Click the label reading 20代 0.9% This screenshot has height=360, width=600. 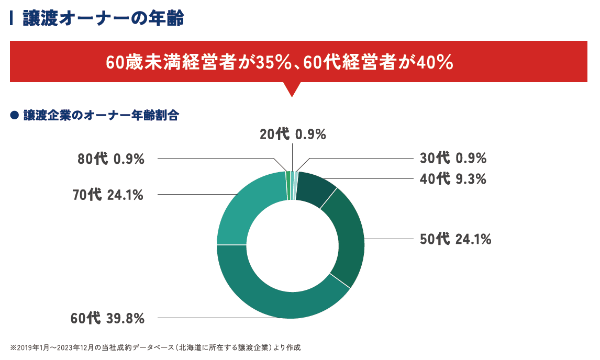click(293, 134)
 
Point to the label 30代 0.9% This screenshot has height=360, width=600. click(453, 158)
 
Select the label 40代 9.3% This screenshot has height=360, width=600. click(453, 179)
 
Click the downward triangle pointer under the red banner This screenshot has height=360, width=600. click(292, 88)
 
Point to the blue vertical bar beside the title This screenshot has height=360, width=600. click(12, 19)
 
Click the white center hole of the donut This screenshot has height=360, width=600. click(291, 245)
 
